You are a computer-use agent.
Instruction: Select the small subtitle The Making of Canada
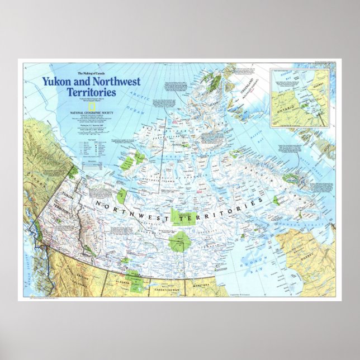[x=91, y=73]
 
